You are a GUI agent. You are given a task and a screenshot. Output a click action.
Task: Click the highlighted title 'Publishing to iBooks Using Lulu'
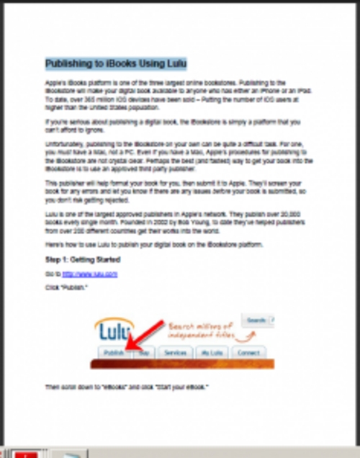pos(116,65)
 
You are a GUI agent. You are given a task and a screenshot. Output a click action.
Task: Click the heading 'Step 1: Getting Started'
pos(82,260)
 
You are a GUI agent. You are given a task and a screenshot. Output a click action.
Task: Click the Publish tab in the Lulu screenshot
pos(114,353)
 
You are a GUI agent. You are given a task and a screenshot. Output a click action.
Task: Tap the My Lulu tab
pos(212,353)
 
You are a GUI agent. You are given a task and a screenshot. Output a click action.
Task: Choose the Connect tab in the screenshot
pos(248,353)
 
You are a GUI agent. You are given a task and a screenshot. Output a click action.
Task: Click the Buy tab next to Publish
pos(144,353)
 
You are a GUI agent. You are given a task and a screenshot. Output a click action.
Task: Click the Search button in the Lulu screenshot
pos(257,320)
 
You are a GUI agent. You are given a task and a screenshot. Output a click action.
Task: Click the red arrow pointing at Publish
pos(148,336)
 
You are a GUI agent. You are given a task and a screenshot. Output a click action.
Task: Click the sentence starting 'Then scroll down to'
pos(127,387)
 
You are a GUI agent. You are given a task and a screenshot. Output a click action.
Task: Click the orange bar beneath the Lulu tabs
pos(181,364)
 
